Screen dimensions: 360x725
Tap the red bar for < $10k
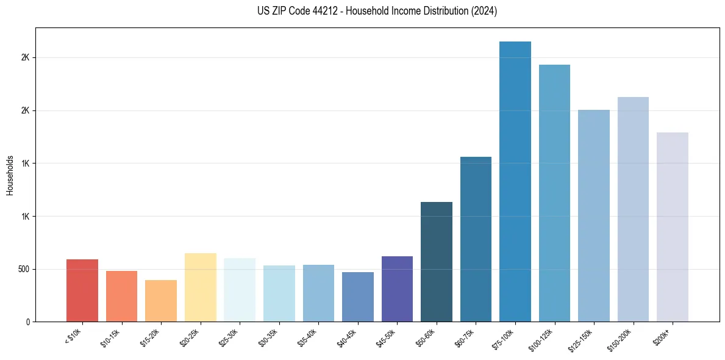(x=82, y=290)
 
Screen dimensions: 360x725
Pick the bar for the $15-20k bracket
(x=161, y=301)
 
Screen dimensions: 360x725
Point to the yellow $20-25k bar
(x=201, y=287)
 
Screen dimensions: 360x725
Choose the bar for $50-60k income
(x=437, y=262)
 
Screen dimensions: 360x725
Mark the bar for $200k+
(x=673, y=227)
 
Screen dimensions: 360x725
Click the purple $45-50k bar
(x=397, y=289)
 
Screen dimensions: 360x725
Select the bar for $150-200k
(x=633, y=209)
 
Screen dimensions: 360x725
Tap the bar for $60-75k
(x=476, y=239)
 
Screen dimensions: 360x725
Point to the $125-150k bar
(x=594, y=216)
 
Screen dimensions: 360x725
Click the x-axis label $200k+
(x=663, y=336)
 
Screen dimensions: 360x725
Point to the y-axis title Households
(x=10, y=175)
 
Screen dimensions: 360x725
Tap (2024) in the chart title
(x=484, y=11)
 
